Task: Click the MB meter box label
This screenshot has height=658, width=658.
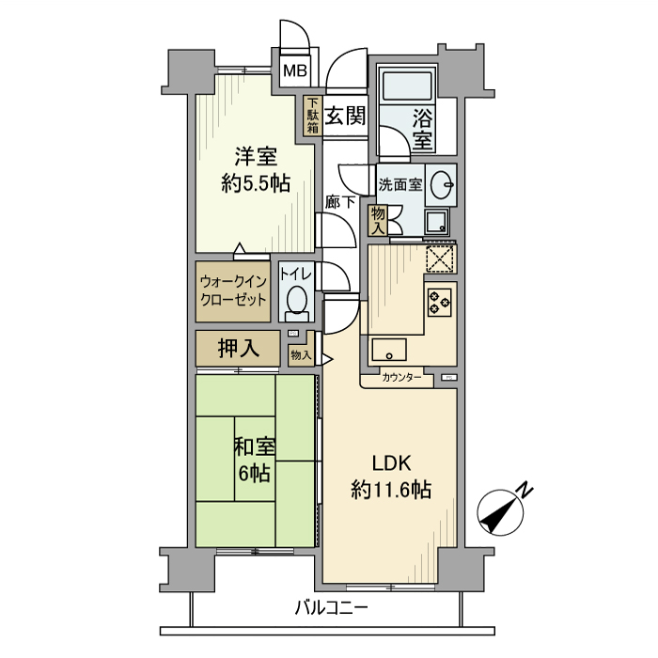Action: point(295,70)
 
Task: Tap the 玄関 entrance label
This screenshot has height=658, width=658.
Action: point(346,116)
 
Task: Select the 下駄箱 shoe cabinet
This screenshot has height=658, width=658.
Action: point(312,116)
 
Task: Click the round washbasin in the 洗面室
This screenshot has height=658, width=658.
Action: point(440,187)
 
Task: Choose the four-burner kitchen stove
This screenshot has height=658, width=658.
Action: point(441,301)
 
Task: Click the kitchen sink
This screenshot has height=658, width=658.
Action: point(387,349)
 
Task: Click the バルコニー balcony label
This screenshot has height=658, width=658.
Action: point(329,607)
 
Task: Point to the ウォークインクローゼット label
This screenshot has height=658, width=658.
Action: point(234,291)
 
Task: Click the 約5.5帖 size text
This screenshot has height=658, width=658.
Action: point(255,184)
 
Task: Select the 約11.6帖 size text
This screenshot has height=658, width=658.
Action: point(391,489)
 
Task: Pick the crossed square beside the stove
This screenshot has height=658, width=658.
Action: point(440,257)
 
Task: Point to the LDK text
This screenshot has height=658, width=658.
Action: point(391,462)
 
